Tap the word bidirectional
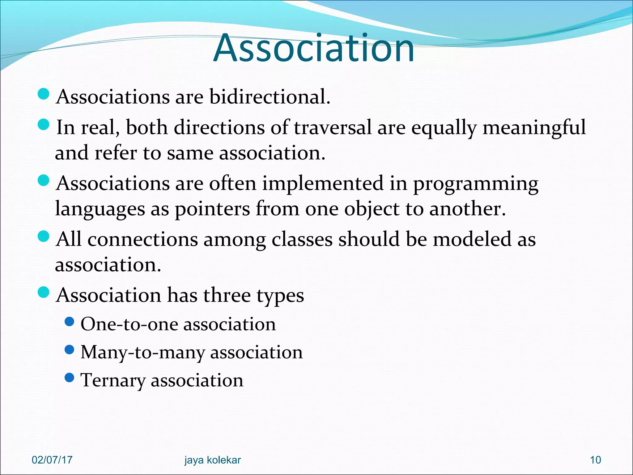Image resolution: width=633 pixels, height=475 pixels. click(270, 97)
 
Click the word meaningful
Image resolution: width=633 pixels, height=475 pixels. click(534, 127)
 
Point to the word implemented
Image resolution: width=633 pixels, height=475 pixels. click(323, 183)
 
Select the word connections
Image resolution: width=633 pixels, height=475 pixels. click(142, 239)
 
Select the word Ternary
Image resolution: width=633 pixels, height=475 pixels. click(113, 380)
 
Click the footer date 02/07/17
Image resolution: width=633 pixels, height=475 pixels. click(52, 460)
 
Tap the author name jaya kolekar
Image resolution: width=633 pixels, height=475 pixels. click(212, 460)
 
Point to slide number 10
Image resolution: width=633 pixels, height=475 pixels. click(595, 460)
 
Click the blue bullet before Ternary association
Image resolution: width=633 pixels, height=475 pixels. click(70, 378)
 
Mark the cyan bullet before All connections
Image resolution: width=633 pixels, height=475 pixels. click(43, 237)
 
